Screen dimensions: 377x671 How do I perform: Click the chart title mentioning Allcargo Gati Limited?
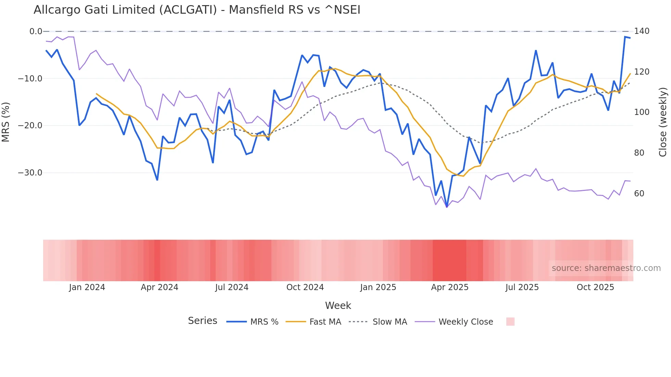pos(197,10)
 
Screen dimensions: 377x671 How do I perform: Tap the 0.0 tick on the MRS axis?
pos(36,31)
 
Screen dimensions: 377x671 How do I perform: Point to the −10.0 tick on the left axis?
pos(30,79)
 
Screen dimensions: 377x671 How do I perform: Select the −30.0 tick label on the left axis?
pos(30,173)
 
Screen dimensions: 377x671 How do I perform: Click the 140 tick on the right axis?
pos(642,31)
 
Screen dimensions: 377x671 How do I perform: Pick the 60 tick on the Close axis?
pos(639,194)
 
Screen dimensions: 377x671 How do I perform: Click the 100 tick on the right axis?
pos(642,112)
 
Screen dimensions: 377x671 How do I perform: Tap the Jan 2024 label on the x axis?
pos(87,287)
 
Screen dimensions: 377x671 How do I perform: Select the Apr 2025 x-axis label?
pos(450,287)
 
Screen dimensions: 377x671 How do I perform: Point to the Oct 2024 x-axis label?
pos(305,287)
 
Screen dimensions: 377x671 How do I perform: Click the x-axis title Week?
pos(338,305)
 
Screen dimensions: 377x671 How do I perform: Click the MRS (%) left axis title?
pos(5,122)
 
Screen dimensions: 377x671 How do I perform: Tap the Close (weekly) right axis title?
pos(663,122)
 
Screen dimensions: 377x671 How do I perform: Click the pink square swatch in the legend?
pos(510,322)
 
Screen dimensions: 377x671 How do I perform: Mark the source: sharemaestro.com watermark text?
pos(606,268)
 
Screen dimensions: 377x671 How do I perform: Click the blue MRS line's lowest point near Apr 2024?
pos(157,180)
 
